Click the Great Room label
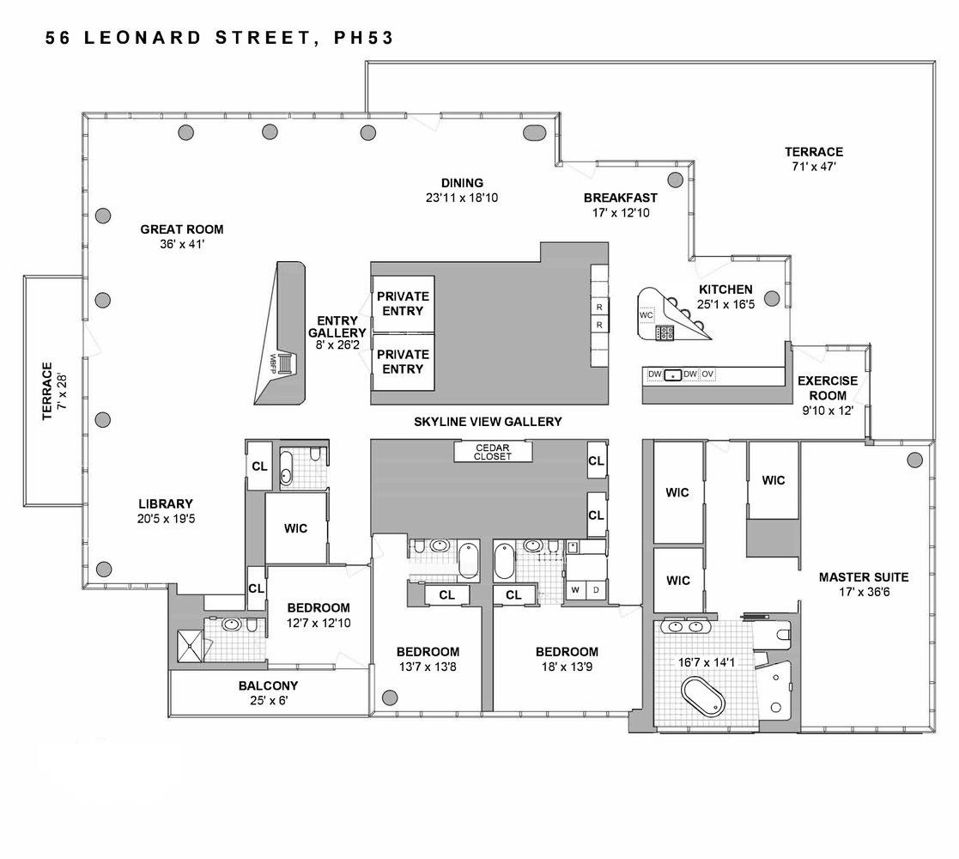click(x=182, y=229)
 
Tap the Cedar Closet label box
click(x=493, y=452)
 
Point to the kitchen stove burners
click(x=665, y=332)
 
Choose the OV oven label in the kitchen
click(x=707, y=374)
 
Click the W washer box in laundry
click(x=575, y=590)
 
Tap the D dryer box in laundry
click(x=596, y=590)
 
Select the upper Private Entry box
click(x=403, y=304)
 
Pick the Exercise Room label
click(x=829, y=388)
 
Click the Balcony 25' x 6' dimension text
click(x=269, y=701)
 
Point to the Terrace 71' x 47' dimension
click(x=814, y=167)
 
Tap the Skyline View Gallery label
click(x=488, y=422)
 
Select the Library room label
click(x=166, y=504)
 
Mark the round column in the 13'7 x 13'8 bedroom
click(x=390, y=697)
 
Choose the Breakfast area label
click(x=621, y=198)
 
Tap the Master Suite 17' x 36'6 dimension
click(x=864, y=592)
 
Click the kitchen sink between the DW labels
click(x=673, y=375)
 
